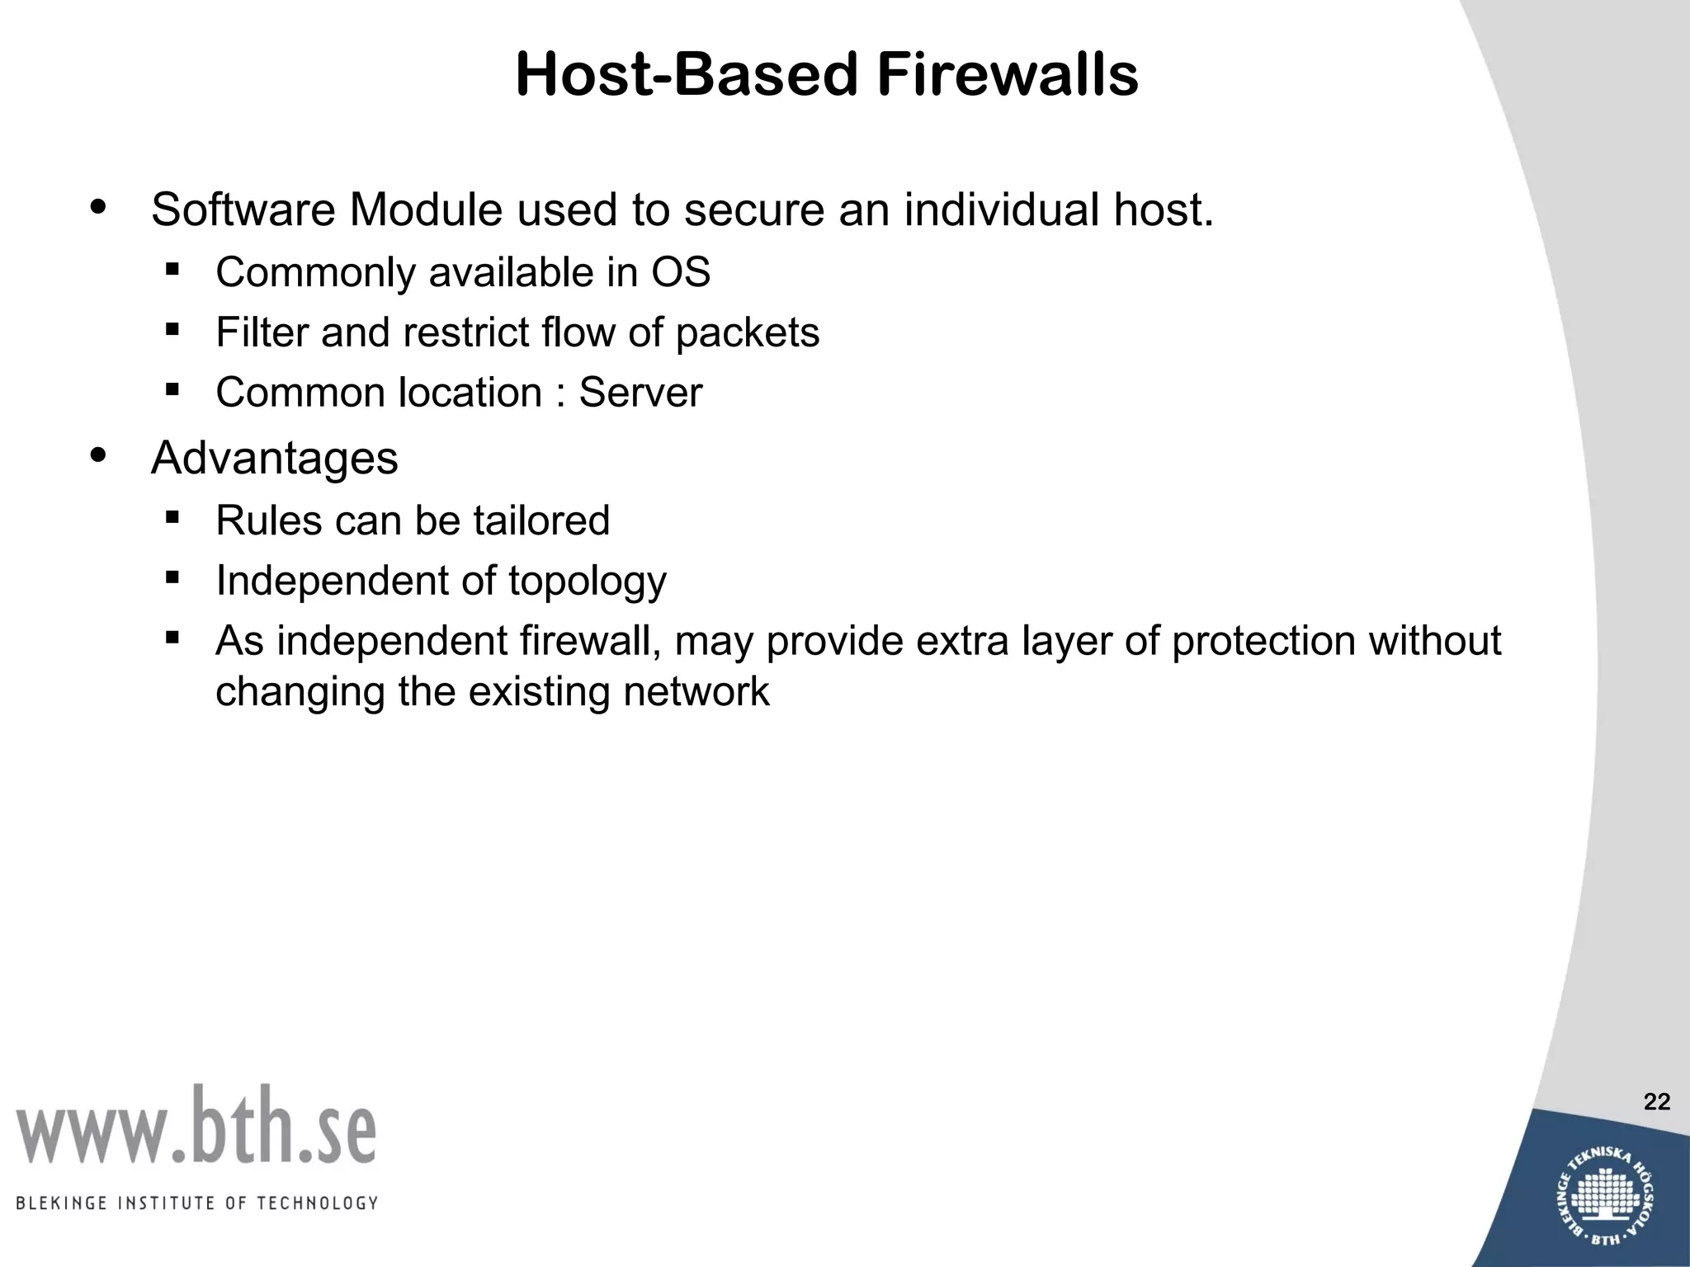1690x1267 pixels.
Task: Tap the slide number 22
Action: coord(1656,1101)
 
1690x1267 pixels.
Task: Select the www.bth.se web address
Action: coord(196,1127)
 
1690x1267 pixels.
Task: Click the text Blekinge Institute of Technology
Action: coord(196,1203)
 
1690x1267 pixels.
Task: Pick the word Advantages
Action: coord(274,458)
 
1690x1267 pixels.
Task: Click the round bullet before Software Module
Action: coord(99,206)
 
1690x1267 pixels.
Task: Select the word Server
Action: coord(640,393)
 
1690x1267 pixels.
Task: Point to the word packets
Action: coord(748,333)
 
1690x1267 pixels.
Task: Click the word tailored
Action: coord(541,520)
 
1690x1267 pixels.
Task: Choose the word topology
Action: coord(587,582)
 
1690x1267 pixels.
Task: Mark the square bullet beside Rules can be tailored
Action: coord(172,518)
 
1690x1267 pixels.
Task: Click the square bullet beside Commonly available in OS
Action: coord(172,269)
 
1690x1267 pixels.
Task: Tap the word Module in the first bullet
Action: coord(426,210)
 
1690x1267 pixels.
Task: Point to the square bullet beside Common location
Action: coord(172,389)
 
